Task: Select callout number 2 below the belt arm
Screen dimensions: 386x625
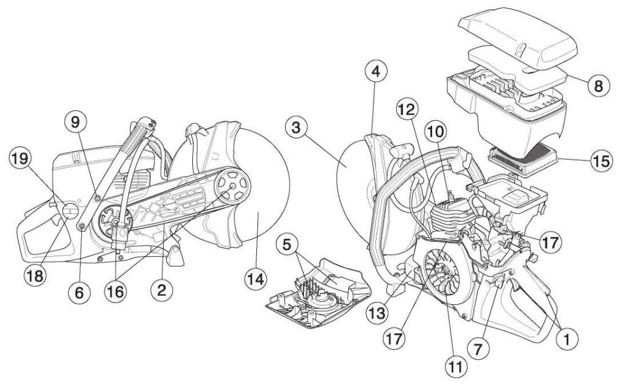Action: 162,291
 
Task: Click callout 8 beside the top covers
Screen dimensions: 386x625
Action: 598,85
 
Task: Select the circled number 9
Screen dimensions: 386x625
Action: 76,121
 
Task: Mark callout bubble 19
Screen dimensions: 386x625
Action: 20,160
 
